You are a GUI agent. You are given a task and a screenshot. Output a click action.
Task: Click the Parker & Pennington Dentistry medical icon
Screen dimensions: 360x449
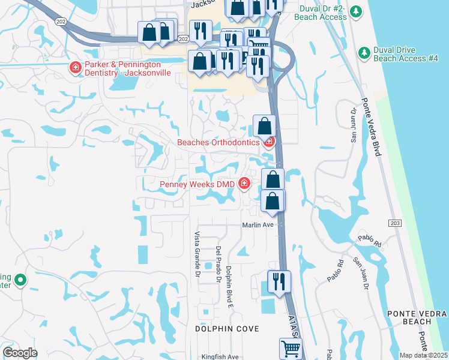click(x=76, y=67)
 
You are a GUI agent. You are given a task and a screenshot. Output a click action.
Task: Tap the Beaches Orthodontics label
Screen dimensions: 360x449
click(x=219, y=142)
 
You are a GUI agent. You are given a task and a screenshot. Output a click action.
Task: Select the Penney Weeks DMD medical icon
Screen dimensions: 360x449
click(x=244, y=184)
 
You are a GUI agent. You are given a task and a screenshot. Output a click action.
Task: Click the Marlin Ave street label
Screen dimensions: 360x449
click(x=258, y=225)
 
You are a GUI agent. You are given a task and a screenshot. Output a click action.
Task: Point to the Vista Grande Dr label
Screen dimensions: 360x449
click(x=196, y=254)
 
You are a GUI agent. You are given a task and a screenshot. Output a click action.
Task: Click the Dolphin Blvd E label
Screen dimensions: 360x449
click(x=229, y=284)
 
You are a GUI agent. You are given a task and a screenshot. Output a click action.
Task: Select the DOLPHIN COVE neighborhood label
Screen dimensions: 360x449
click(x=228, y=329)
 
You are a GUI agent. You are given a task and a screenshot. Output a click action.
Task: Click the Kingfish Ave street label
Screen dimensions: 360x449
click(x=220, y=356)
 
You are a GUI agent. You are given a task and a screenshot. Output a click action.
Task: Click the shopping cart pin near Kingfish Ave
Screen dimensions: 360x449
click(x=291, y=347)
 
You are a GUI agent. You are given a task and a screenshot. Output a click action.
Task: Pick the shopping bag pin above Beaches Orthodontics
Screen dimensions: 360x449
click(x=264, y=126)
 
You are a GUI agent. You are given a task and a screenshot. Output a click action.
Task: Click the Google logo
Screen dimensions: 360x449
click(x=20, y=353)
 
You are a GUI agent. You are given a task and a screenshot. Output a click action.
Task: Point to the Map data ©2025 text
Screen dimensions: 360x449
click(x=423, y=356)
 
